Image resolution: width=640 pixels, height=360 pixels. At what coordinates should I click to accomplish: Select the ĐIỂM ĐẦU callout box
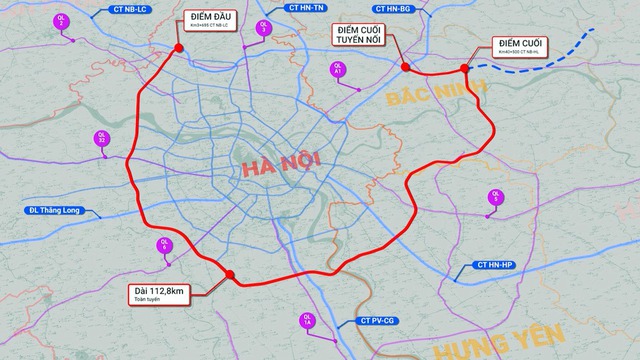coord(210,23)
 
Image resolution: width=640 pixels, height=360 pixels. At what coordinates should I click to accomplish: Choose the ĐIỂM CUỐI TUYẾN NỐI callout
coord(364,37)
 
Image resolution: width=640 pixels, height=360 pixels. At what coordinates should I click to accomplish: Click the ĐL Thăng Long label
coord(60,211)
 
